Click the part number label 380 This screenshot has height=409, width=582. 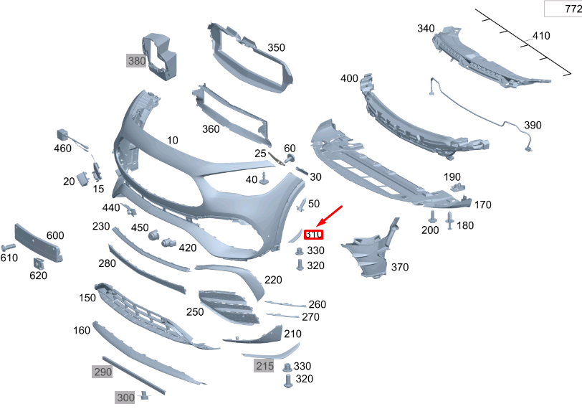point(136,61)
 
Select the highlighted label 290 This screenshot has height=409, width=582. point(102,372)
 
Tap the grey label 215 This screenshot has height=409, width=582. point(264,366)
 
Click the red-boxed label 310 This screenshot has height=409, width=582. point(314,234)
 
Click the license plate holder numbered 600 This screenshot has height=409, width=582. point(37,242)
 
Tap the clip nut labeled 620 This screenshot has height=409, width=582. point(39,262)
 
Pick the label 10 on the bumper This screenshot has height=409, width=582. point(172,141)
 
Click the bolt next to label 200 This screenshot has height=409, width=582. point(433,216)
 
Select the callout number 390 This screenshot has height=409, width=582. point(533,125)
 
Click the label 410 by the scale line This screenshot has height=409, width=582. point(540,35)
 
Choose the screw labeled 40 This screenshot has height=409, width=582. point(264,179)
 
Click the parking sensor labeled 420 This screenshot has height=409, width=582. point(169,241)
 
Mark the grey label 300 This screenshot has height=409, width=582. point(125,397)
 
